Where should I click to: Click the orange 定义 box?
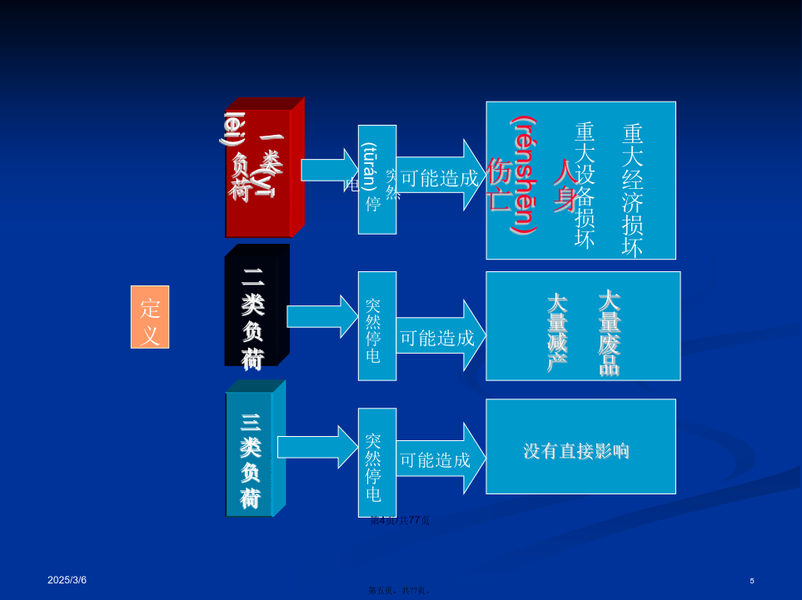coord(150,317)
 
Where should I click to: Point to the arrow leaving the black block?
coord(321,316)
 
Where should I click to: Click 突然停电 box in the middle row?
coord(376,326)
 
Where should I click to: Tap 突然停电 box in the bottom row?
coord(376,463)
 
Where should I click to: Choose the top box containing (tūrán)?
coord(376,180)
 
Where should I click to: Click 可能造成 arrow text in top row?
coord(440,177)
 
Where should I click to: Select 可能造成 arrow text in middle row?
coord(438,337)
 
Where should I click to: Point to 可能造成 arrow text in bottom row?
coord(436,459)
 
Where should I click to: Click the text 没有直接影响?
coord(576,451)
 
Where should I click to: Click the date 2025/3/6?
coord(67,580)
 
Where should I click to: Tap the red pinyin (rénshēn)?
coord(524,175)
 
